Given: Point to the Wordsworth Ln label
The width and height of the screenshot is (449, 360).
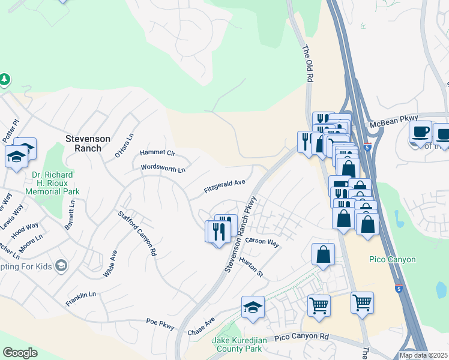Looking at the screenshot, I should click(163, 169).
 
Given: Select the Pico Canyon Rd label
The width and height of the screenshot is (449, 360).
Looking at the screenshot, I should click(302, 338).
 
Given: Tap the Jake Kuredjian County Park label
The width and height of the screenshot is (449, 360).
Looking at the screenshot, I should click(237, 344).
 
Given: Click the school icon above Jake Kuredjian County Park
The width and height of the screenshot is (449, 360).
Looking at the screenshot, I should click(253, 308).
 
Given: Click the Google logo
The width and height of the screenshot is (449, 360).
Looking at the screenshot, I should click(20, 353).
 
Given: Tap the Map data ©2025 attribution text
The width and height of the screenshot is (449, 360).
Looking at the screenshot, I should click(424, 355).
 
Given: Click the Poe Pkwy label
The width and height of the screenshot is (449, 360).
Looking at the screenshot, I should click(160, 325).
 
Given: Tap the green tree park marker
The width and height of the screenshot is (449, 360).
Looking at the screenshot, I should click(5, 79).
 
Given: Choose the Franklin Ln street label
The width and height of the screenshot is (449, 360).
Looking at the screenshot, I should click(81, 298).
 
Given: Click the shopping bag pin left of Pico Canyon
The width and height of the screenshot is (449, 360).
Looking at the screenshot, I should click(323, 254).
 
